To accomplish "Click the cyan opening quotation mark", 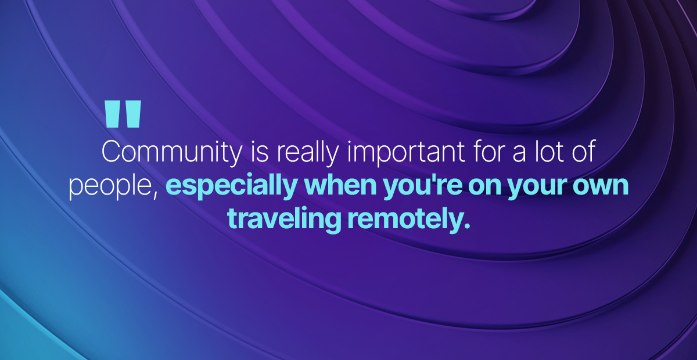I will click(123, 114).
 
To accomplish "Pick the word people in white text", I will click(110, 187).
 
